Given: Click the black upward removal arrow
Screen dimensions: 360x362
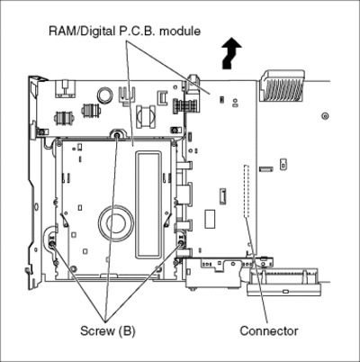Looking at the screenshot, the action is click(230, 54).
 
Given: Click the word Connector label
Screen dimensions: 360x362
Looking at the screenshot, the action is click(269, 330).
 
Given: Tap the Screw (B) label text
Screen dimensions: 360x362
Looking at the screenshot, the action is click(108, 330).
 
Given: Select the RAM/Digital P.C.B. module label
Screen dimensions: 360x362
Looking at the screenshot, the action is click(124, 31).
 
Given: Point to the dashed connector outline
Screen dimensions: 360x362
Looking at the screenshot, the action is click(246, 191).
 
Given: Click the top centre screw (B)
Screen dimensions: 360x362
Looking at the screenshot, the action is click(117, 135).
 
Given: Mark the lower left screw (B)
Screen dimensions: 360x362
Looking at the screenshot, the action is click(52, 245).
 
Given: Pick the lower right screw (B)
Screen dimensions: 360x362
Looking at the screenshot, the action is click(181, 243).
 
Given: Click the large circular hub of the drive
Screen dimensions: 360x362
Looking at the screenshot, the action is click(116, 222).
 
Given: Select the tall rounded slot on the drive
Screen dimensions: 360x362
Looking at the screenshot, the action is click(148, 205).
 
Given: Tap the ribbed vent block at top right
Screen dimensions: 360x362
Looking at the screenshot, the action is click(283, 86).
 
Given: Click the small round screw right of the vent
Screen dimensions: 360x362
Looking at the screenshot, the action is click(325, 116).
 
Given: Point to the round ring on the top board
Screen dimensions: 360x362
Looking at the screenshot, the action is click(105, 94).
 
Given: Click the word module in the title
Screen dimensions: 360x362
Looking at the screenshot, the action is click(180, 31).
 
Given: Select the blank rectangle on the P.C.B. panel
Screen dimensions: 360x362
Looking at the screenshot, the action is click(210, 218).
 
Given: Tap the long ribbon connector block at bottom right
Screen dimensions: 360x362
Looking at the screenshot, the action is click(283, 282).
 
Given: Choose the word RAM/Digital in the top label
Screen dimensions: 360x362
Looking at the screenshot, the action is click(82, 32).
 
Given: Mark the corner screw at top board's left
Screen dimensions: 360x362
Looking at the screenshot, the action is click(42, 131).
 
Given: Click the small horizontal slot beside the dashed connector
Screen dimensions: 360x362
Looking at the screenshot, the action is click(266, 169).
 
